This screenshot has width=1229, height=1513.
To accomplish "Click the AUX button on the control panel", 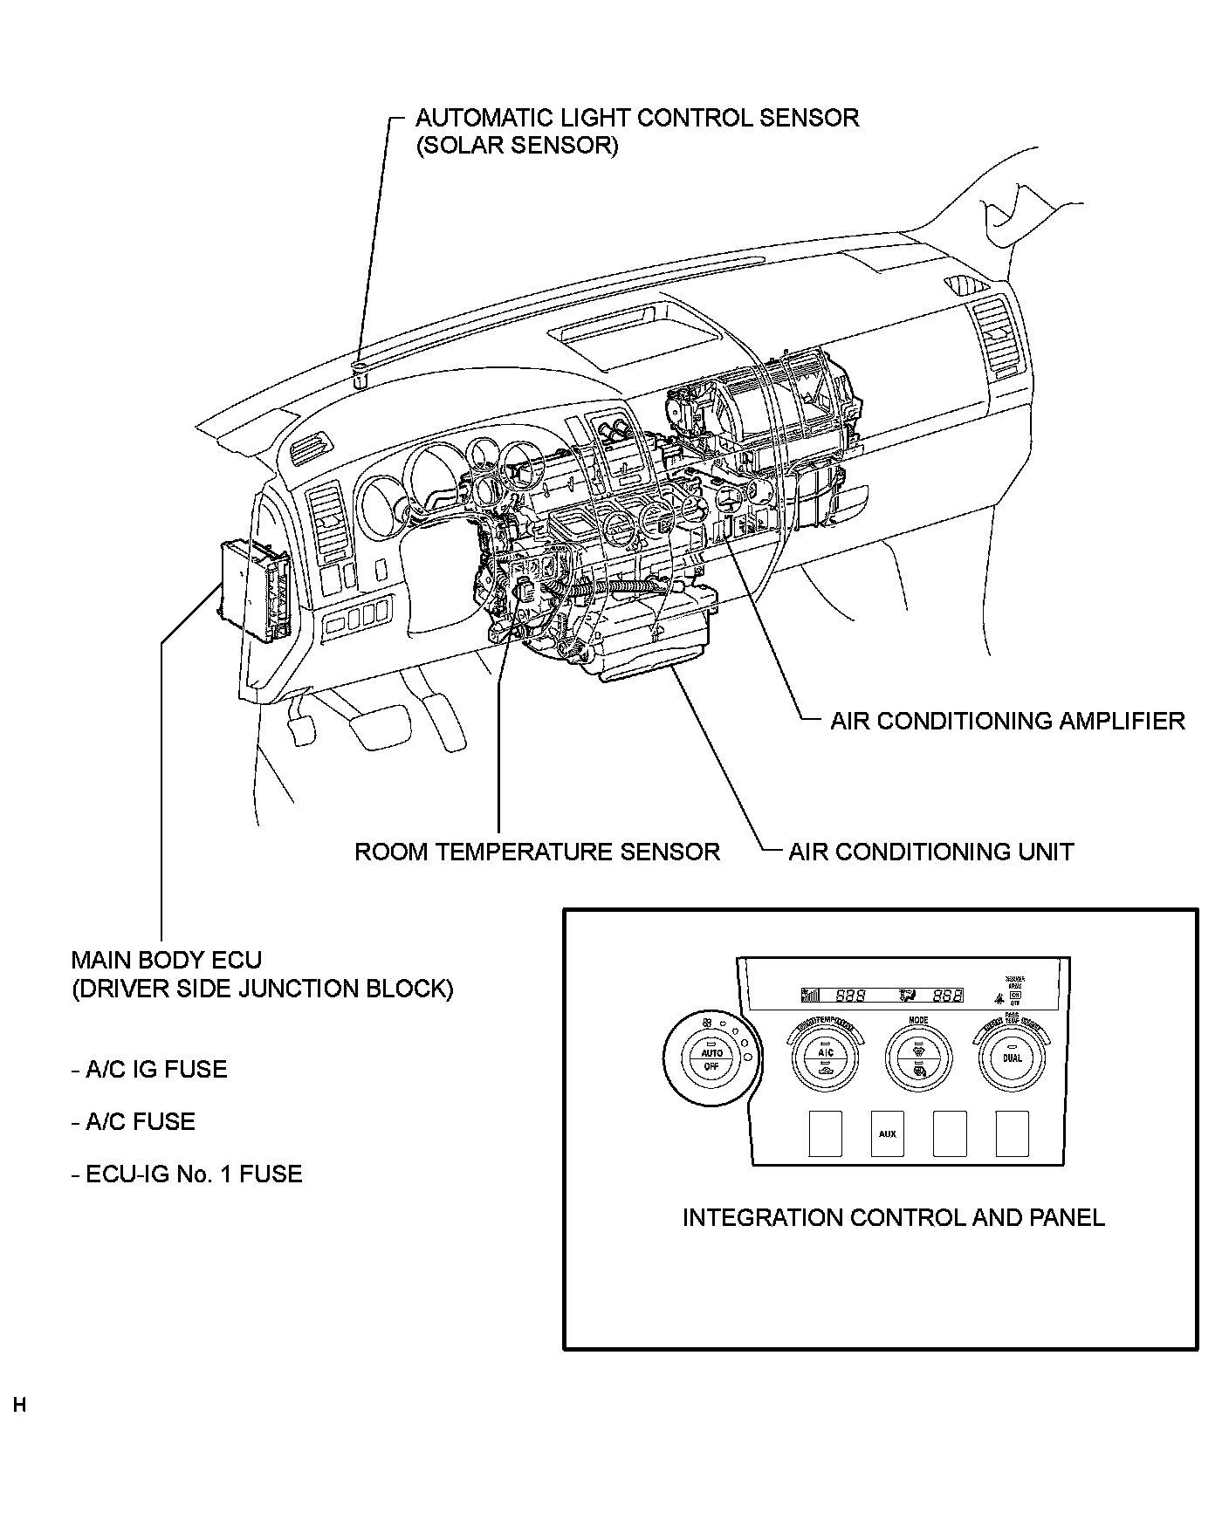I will click(887, 1134).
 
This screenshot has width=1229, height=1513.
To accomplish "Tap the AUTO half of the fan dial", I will click(711, 1053).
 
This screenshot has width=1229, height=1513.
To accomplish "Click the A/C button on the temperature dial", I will click(825, 1052).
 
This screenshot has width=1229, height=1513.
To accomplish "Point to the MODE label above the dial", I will click(918, 1020).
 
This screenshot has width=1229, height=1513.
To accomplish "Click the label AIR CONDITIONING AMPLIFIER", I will click(1007, 721).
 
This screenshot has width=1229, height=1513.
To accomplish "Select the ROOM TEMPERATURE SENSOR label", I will click(537, 852).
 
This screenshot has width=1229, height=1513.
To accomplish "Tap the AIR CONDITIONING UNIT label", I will click(930, 852).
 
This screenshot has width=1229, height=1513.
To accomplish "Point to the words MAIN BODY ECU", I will click(166, 961).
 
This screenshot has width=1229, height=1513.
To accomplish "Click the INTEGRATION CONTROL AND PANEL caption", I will click(893, 1217).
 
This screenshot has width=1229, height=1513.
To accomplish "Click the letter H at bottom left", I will click(19, 1406).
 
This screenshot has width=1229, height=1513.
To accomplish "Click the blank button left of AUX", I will click(824, 1134).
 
